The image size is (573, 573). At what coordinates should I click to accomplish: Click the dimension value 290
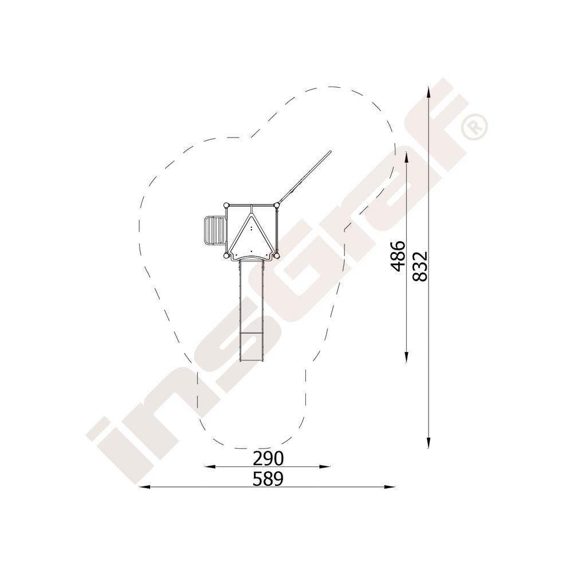pos(268,458)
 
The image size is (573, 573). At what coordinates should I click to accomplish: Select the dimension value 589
pos(268,479)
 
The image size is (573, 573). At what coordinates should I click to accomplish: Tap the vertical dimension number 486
pos(398,256)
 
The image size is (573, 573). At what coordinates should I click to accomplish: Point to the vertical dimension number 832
pos(419,266)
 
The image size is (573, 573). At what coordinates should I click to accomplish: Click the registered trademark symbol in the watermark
pos(474,127)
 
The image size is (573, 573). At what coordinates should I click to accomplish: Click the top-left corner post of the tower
pos(226,205)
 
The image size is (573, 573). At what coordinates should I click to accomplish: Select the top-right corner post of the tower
pos(277,205)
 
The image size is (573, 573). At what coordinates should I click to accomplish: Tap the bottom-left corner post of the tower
pos(226,256)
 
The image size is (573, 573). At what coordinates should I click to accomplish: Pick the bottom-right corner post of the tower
pos(277,256)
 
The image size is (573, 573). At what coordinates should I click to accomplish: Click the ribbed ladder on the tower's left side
pos(214,230)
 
